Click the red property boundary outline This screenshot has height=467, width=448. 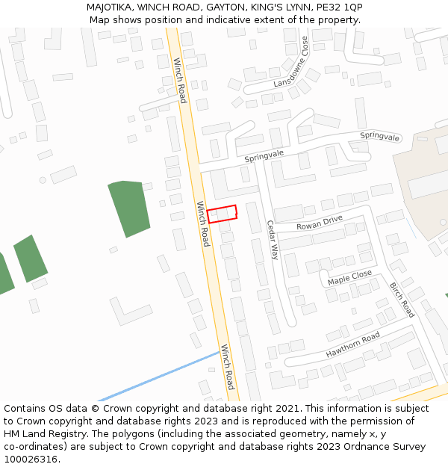pyautogui.click(x=222, y=214)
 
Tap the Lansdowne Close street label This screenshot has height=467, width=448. pyautogui.click(x=290, y=62)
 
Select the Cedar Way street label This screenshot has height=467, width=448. pyautogui.click(x=272, y=239)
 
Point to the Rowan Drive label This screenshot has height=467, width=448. pyautogui.click(x=319, y=222)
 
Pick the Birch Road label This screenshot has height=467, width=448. pyautogui.click(x=402, y=299)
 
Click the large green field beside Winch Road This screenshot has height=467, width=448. pyautogui.click(x=128, y=208)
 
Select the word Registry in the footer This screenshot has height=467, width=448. pyautogui.click(x=67, y=434)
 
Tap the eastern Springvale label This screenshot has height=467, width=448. pyautogui.click(x=380, y=136)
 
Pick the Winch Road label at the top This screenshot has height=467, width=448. pyautogui.click(x=180, y=80)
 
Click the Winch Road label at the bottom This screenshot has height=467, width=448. pyautogui.click(x=227, y=367)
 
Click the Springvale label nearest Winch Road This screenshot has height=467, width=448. pyautogui.click(x=264, y=154)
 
